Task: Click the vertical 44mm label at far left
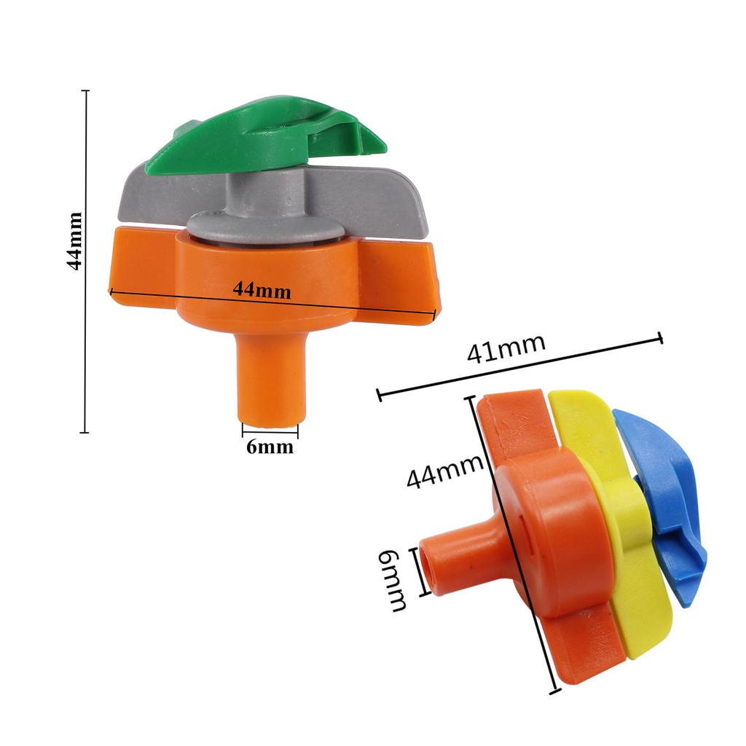(75, 241)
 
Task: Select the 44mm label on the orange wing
(262, 289)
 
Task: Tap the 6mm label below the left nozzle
(270, 447)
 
